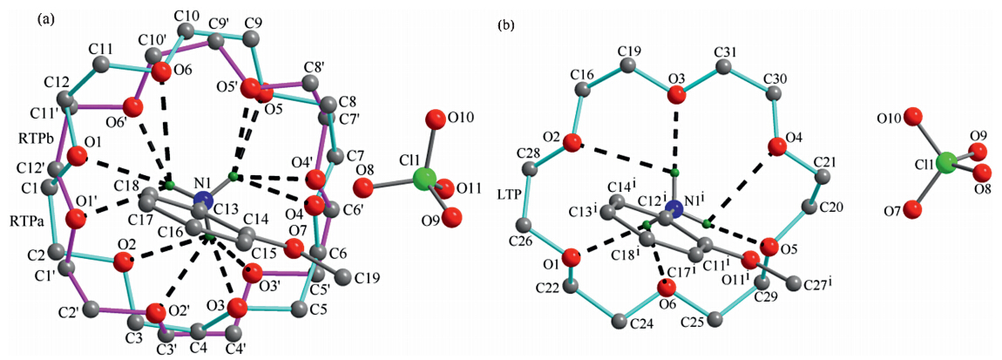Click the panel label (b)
tap(506, 25)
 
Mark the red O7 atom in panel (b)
tap(912, 210)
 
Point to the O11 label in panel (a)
tap(464, 187)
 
